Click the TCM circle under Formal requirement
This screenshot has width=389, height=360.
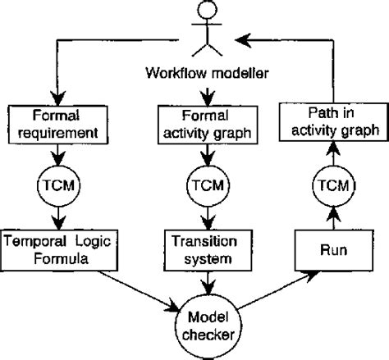(x=54, y=185)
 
